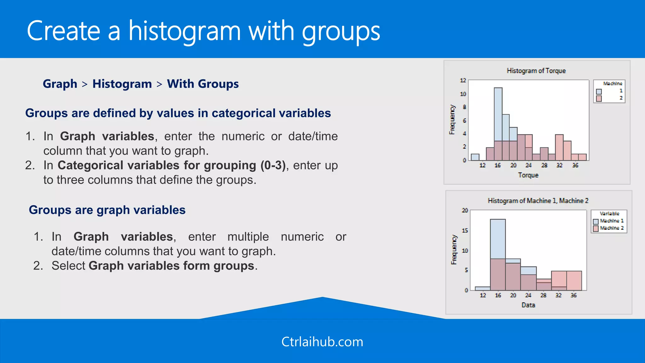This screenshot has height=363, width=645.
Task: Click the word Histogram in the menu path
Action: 122,84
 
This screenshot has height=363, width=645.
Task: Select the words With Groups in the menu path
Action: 203,84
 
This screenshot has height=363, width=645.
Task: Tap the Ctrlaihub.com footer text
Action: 322,342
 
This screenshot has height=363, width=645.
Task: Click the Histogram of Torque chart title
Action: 536,71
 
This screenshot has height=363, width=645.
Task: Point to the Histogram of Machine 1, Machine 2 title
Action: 538,201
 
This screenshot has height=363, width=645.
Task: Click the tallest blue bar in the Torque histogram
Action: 498,113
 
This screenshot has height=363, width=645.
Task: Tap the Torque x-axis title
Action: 528,175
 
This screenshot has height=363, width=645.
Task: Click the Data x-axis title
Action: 528,305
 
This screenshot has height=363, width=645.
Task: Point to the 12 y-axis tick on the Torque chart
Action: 463,80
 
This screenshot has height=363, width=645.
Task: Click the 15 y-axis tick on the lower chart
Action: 465,231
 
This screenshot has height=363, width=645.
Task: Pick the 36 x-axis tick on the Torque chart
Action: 575,165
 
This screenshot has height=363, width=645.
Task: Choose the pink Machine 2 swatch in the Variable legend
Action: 596,228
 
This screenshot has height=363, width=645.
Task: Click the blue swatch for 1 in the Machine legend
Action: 599,92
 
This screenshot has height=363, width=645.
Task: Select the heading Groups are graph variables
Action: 107,210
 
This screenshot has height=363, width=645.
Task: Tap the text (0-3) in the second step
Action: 273,165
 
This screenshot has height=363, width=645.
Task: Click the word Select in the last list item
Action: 68,266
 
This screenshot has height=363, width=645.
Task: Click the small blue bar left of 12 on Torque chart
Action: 475,157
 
